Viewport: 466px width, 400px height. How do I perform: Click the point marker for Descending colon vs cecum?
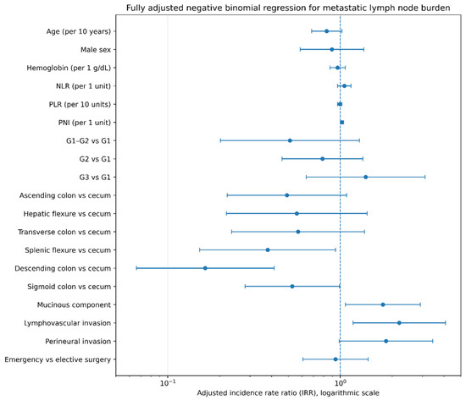click(x=205, y=268)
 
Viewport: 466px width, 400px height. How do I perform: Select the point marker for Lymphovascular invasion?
click(x=399, y=323)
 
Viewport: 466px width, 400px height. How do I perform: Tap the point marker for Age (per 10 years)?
click(x=326, y=31)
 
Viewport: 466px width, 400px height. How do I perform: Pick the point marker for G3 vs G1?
click(x=365, y=177)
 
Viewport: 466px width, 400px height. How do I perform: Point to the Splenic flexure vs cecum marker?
click(x=268, y=249)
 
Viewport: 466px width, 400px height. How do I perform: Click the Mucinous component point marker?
click(x=383, y=304)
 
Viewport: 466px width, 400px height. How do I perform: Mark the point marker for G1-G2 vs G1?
click(x=290, y=140)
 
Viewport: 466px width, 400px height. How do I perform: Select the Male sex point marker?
click(x=331, y=50)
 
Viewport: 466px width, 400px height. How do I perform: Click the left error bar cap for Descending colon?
click(x=136, y=268)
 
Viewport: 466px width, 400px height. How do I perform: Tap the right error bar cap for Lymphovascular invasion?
click(x=446, y=323)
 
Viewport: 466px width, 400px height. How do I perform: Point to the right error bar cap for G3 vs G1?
click(x=425, y=177)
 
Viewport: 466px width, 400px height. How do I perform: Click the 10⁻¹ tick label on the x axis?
click(x=168, y=383)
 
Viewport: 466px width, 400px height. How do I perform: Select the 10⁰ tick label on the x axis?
click(x=341, y=383)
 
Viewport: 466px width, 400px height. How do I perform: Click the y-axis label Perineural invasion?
click(x=78, y=342)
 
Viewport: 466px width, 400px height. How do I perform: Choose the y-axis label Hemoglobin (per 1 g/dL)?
click(x=69, y=68)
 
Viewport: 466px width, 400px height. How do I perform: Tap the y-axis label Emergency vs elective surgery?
click(x=58, y=359)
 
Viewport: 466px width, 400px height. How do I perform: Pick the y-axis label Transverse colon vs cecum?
click(x=64, y=232)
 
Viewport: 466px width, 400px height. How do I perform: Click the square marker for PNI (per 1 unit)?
click(x=342, y=123)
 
